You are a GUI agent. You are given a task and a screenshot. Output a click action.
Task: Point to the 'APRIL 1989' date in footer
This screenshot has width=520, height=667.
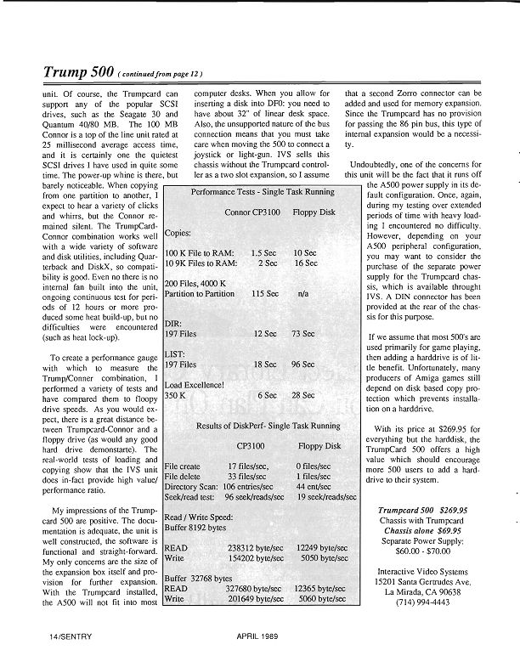[260, 635]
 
